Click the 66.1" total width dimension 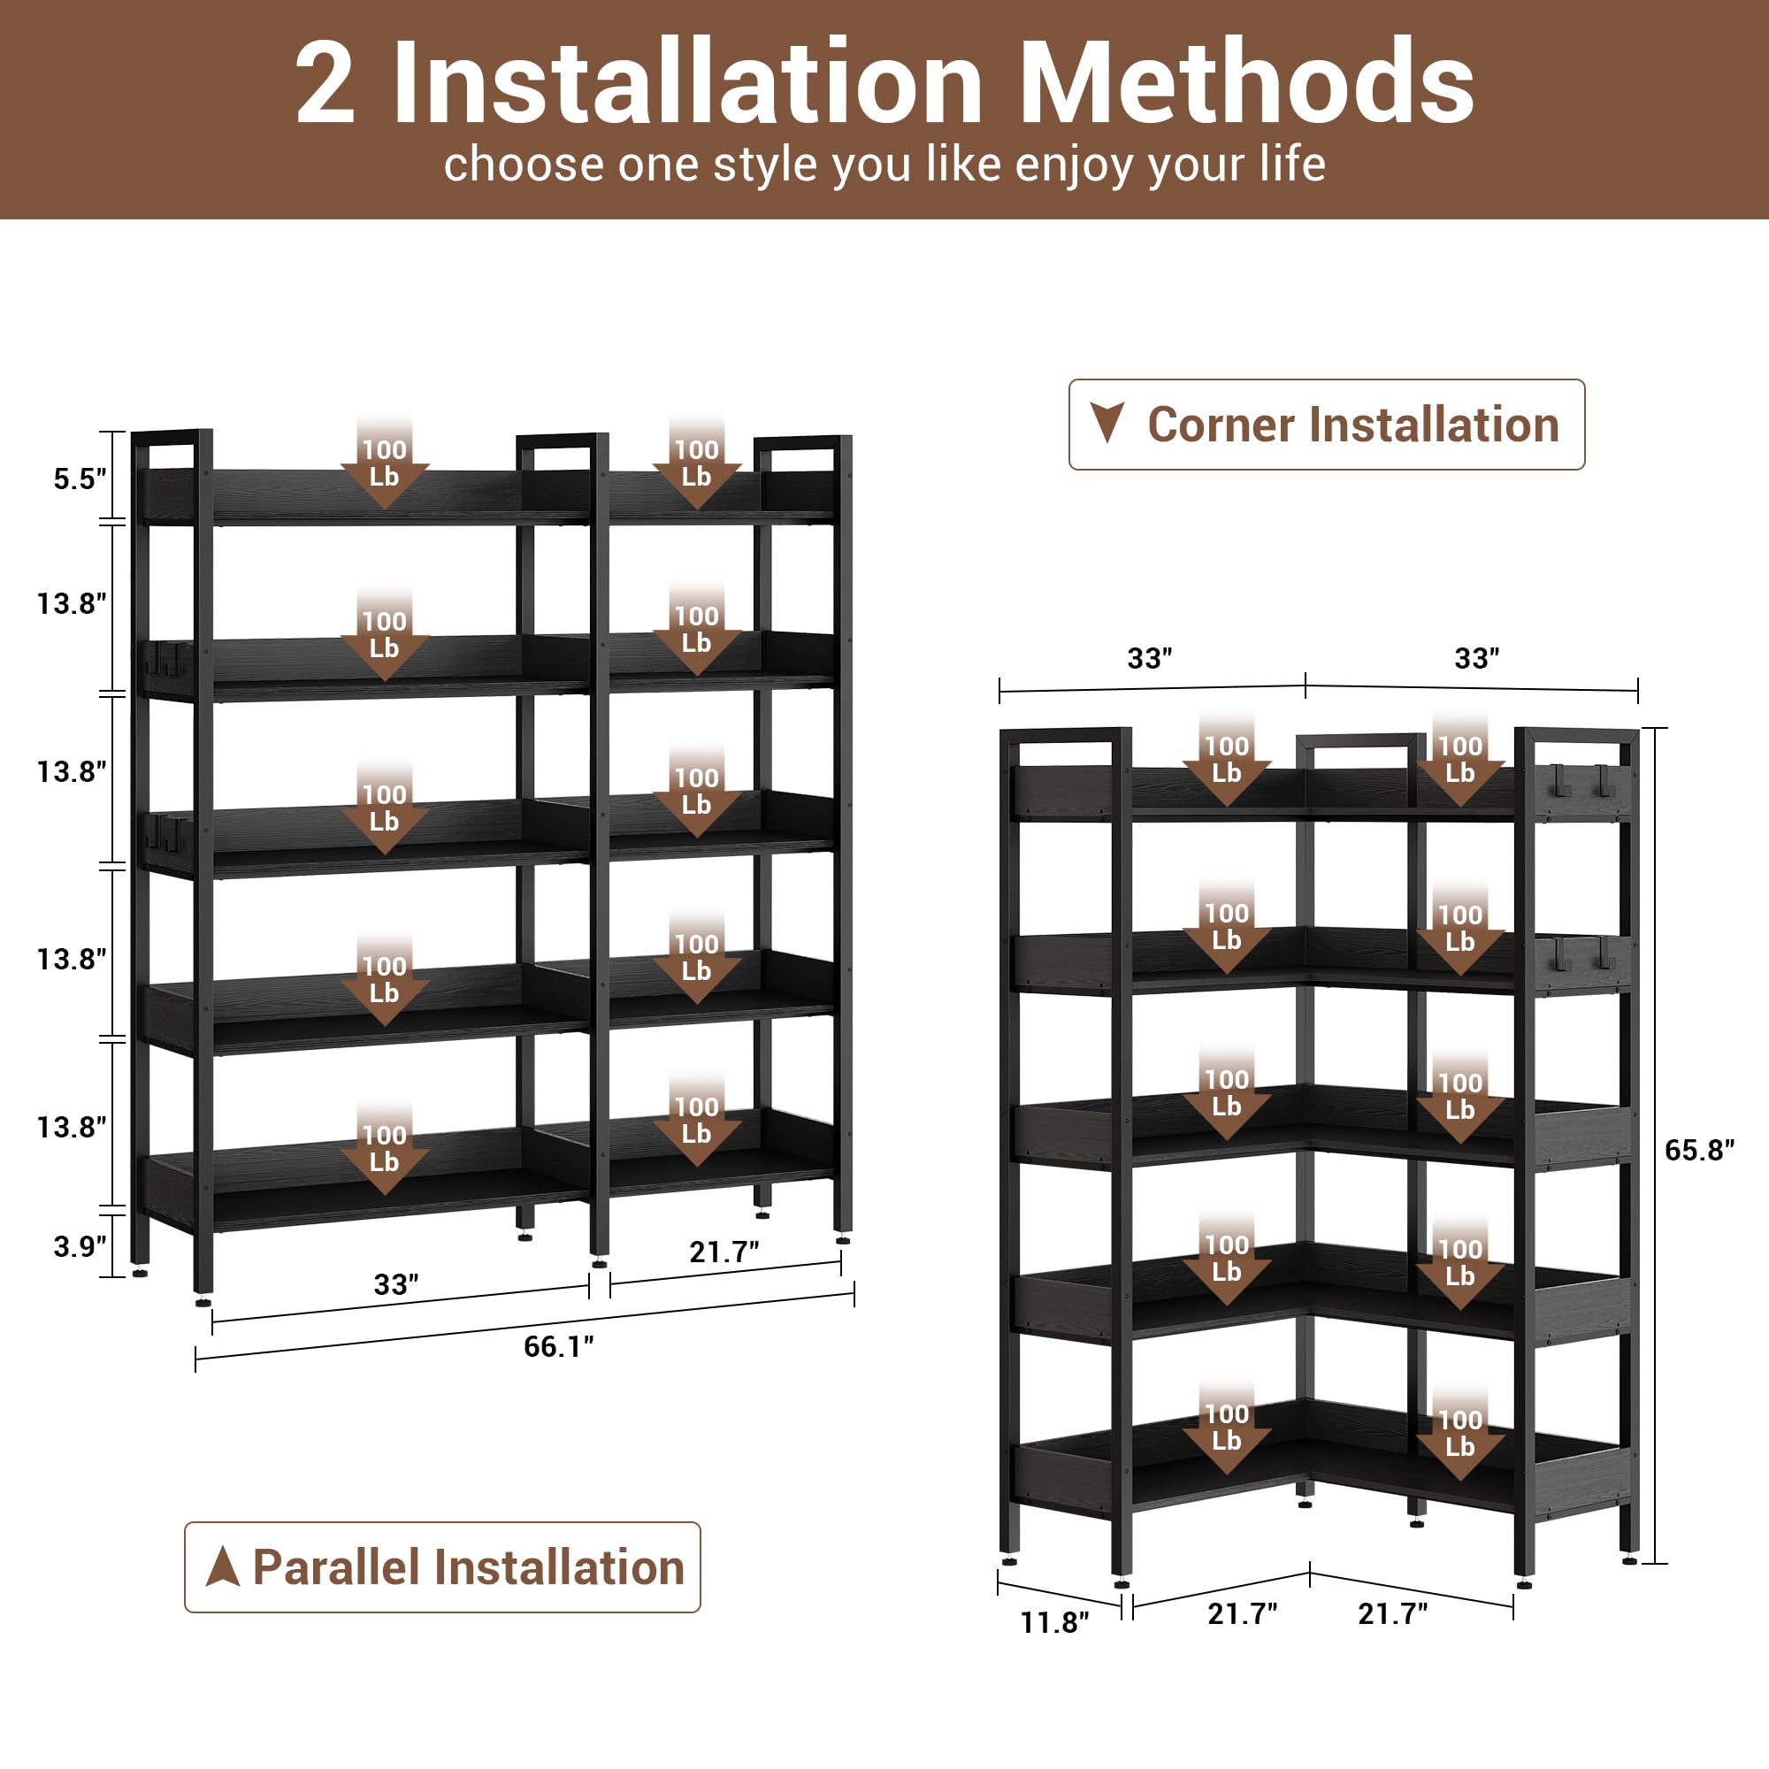click(557, 1346)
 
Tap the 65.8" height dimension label click(1698, 1150)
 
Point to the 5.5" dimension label click(80, 479)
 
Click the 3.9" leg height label click(80, 1246)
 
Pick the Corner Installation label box click(1326, 425)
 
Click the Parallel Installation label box click(442, 1566)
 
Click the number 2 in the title click(325, 84)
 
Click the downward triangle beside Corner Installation click(1107, 422)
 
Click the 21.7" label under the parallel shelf click(724, 1252)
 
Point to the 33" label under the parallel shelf click(395, 1284)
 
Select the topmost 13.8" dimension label click(72, 603)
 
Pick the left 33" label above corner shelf click(1149, 658)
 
